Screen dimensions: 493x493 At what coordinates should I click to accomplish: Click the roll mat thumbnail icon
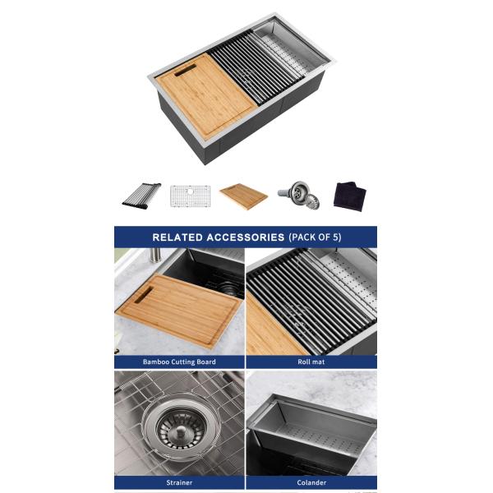point(141,196)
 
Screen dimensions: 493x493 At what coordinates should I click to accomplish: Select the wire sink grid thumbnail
point(190,196)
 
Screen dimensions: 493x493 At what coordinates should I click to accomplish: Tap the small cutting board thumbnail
point(244,196)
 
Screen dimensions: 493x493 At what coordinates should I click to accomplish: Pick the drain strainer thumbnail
point(299,195)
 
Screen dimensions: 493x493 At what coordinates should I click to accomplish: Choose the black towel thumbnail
point(350,196)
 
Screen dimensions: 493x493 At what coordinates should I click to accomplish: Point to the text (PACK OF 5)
point(315,237)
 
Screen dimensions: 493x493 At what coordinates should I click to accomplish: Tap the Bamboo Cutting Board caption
point(179,362)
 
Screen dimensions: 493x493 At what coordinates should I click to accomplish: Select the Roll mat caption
point(311,362)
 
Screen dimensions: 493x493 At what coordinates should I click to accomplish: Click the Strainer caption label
point(179,482)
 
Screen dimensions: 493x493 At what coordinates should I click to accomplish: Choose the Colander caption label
point(311,482)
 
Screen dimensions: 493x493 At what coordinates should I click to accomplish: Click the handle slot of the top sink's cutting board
point(186,71)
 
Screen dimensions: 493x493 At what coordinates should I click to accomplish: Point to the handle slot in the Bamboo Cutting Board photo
point(144,295)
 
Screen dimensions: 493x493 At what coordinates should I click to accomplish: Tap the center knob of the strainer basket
point(181,431)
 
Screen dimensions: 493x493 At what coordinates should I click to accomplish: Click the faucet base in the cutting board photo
point(154,256)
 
